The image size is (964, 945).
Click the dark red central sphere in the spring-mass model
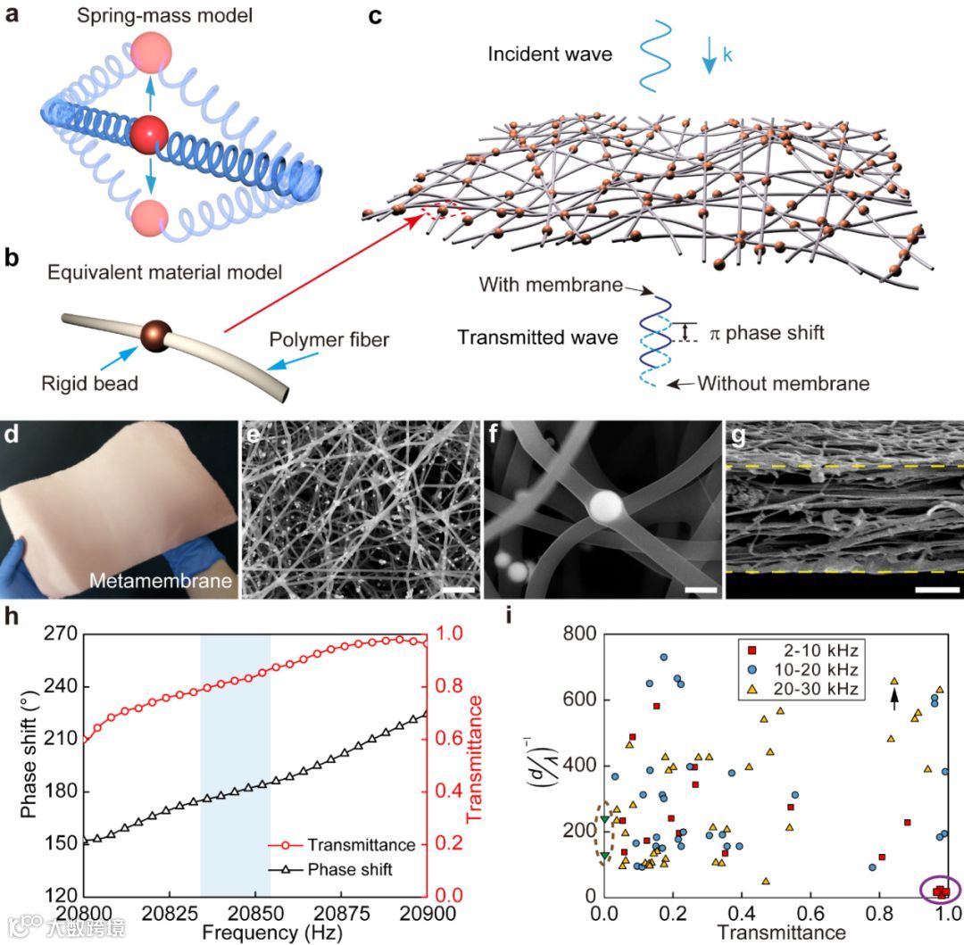point(147,136)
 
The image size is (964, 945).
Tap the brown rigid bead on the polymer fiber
point(154,338)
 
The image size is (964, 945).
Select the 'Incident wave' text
point(550,54)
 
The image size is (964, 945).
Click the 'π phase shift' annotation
point(766,333)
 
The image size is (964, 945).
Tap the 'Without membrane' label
point(783,384)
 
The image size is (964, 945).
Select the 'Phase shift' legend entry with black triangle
point(349,869)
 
